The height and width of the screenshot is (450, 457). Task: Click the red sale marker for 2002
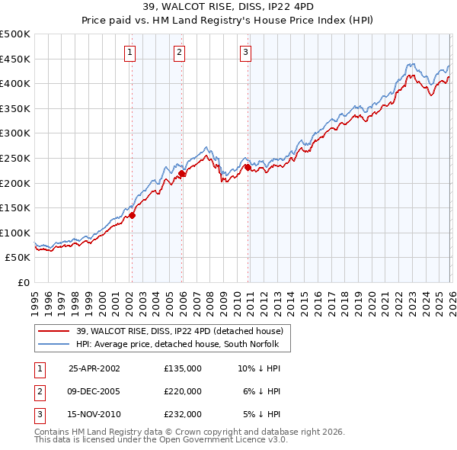132,215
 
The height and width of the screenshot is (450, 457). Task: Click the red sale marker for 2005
182,174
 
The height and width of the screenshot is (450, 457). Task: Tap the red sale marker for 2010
248,168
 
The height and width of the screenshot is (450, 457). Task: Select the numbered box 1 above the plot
130,53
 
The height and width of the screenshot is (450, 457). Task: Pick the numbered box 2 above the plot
179,53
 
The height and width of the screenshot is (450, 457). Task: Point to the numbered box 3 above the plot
246,53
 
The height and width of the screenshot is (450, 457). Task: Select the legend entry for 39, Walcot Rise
179,331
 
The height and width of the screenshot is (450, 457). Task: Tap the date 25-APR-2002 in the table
94,368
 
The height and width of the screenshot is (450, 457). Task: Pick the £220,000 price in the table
182,391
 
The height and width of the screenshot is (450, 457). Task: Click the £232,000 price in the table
182,414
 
